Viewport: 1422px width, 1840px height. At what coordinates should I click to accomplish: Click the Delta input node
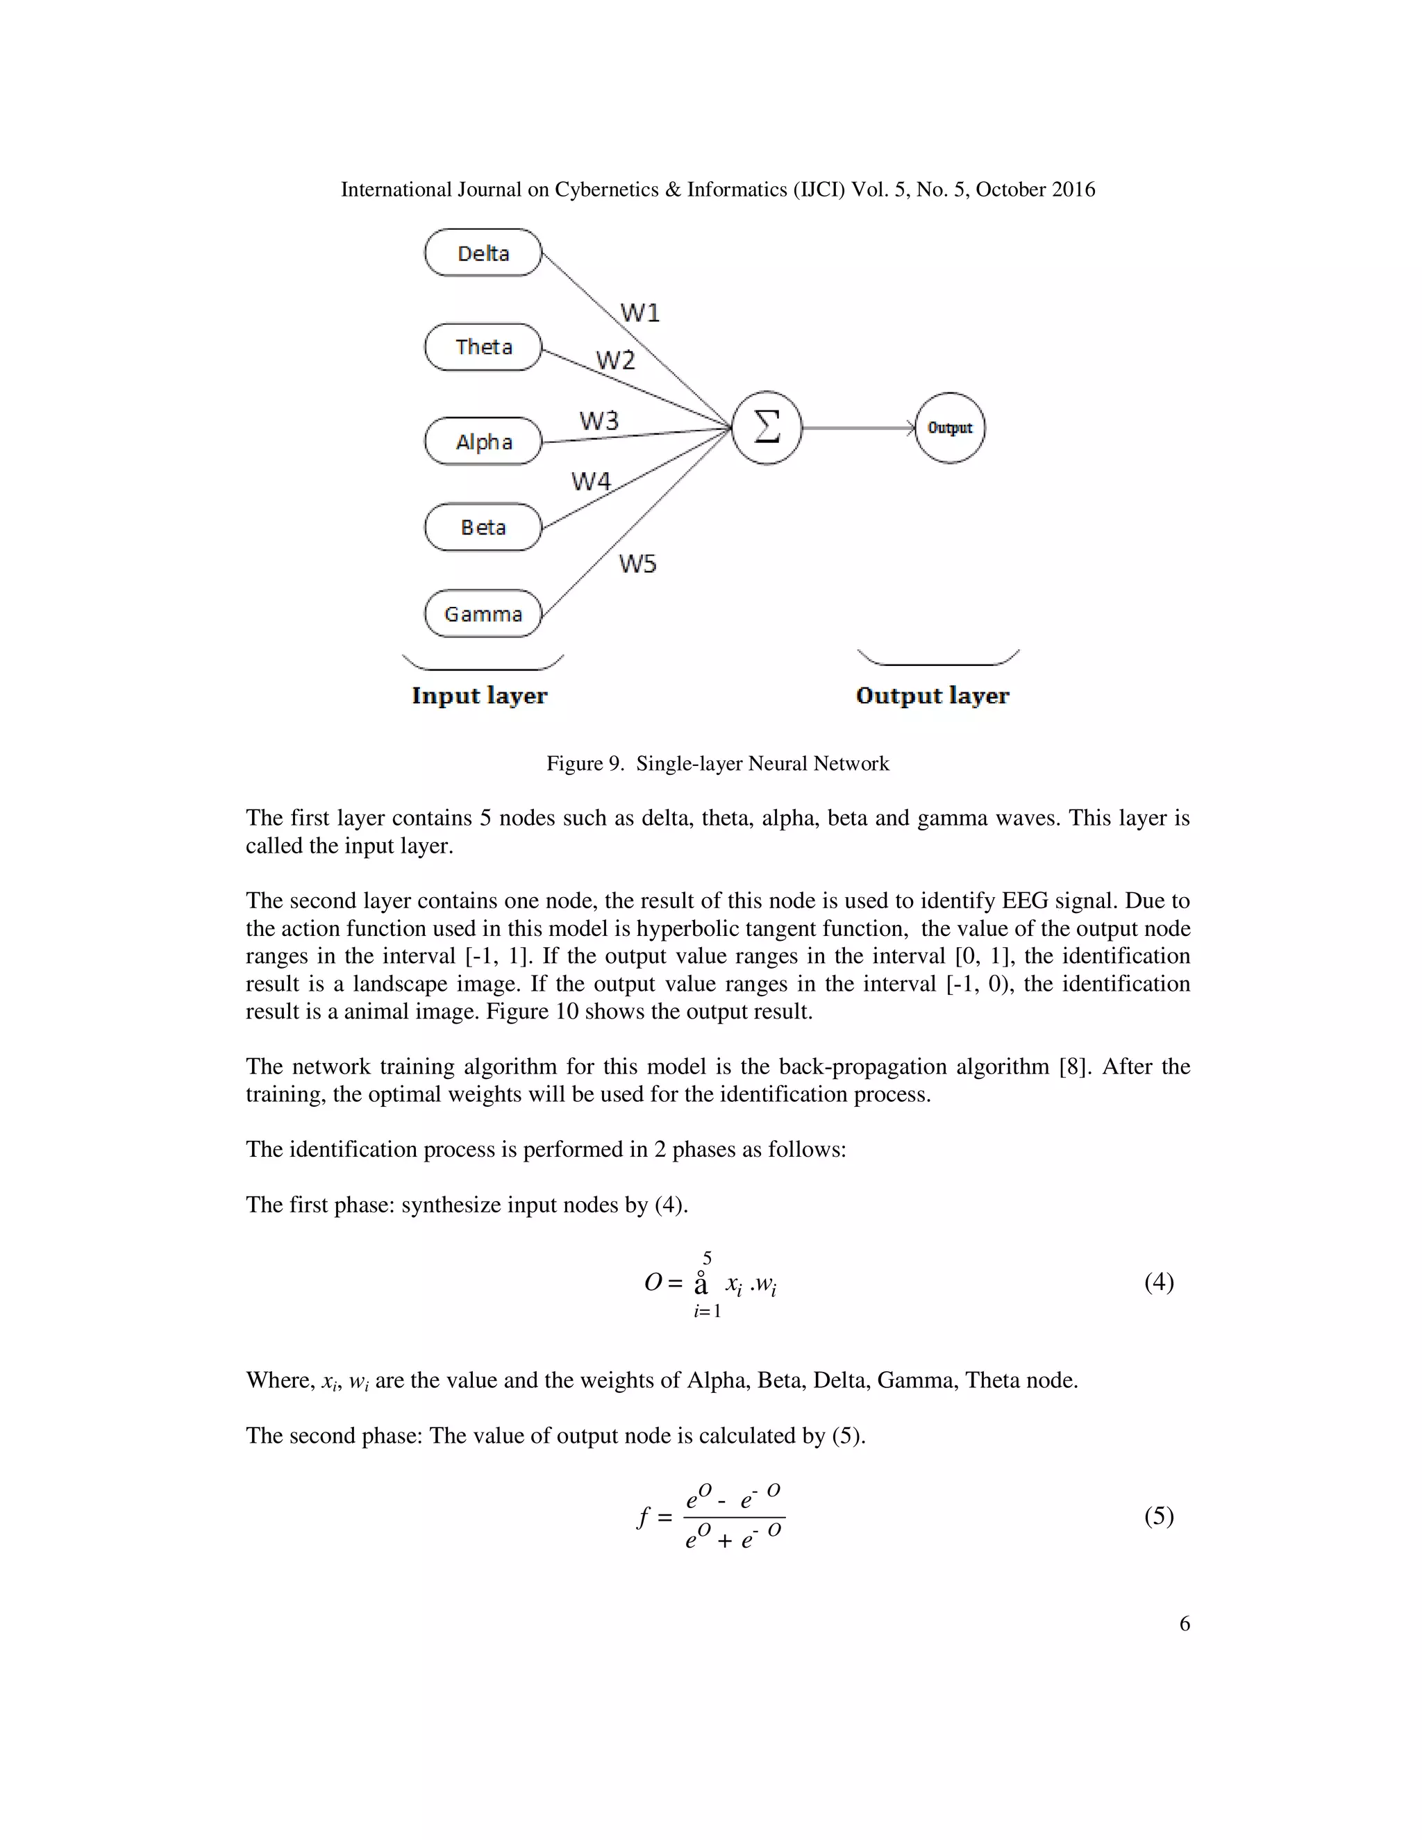click(483, 253)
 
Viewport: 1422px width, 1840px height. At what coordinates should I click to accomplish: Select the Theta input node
click(483, 347)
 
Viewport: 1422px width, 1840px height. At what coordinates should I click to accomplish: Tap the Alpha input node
click(483, 442)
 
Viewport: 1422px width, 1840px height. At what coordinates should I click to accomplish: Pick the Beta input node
click(483, 528)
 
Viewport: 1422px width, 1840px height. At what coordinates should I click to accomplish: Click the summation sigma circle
click(766, 428)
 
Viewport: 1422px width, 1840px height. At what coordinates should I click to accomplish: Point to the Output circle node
click(949, 428)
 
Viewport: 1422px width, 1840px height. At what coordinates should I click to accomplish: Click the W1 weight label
click(640, 313)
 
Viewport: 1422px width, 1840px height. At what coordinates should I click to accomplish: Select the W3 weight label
click(599, 420)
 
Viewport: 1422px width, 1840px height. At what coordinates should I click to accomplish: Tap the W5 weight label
click(637, 564)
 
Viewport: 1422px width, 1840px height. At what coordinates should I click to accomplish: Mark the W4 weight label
click(592, 481)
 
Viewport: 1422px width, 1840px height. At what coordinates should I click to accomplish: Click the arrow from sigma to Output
click(858, 428)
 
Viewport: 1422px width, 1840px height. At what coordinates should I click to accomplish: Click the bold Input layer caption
click(479, 696)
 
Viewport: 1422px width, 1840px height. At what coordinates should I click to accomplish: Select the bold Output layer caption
click(932, 696)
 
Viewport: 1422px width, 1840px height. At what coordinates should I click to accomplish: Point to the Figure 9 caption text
click(718, 763)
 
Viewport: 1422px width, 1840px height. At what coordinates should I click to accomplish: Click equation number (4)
click(1158, 1282)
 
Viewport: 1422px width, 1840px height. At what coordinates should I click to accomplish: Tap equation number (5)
click(1158, 1516)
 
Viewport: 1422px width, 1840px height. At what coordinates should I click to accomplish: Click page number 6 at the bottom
click(1185, 1623)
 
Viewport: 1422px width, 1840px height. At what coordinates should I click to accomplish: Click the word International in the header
click(396, 190)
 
